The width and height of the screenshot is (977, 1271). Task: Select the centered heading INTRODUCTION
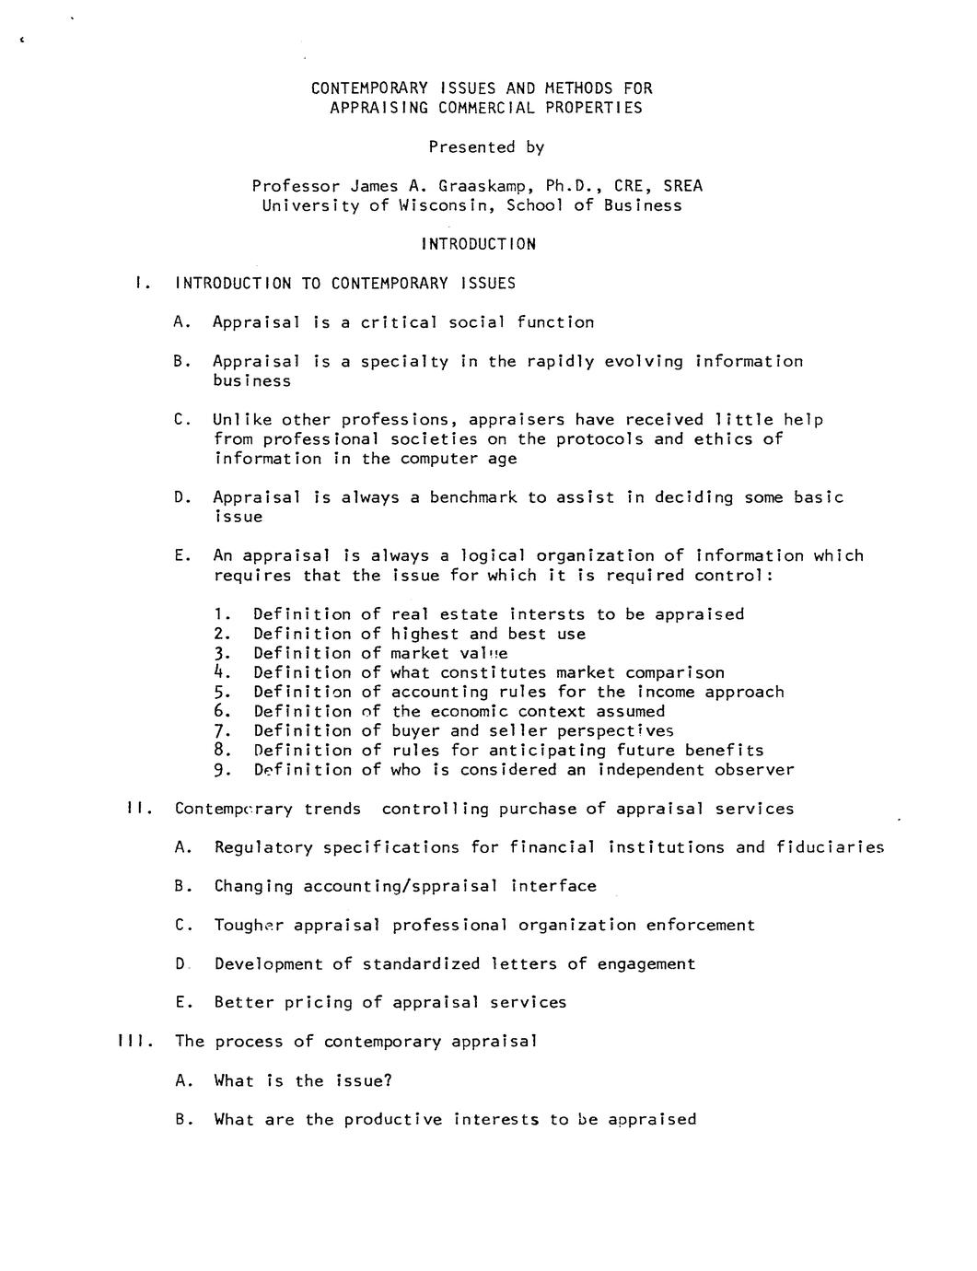478,244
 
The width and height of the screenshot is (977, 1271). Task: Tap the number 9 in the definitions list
219,770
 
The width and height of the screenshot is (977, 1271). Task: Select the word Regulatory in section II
263,847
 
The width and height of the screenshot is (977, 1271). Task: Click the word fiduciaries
830,847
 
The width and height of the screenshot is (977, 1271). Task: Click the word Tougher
249,925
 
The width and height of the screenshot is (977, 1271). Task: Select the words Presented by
486,147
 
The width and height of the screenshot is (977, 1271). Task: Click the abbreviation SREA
682,186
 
